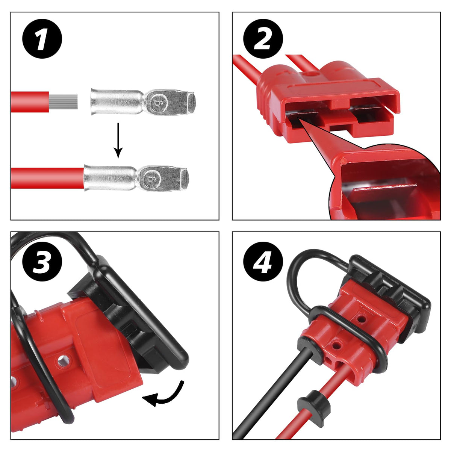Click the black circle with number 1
[42, 39]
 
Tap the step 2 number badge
[263, 39]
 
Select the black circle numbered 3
[42, 262]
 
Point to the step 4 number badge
[263, 262]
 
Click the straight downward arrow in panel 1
[118, 141]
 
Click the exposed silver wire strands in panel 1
[63, 102]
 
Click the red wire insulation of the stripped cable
[30, 102]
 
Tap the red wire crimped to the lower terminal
[47, 178]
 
